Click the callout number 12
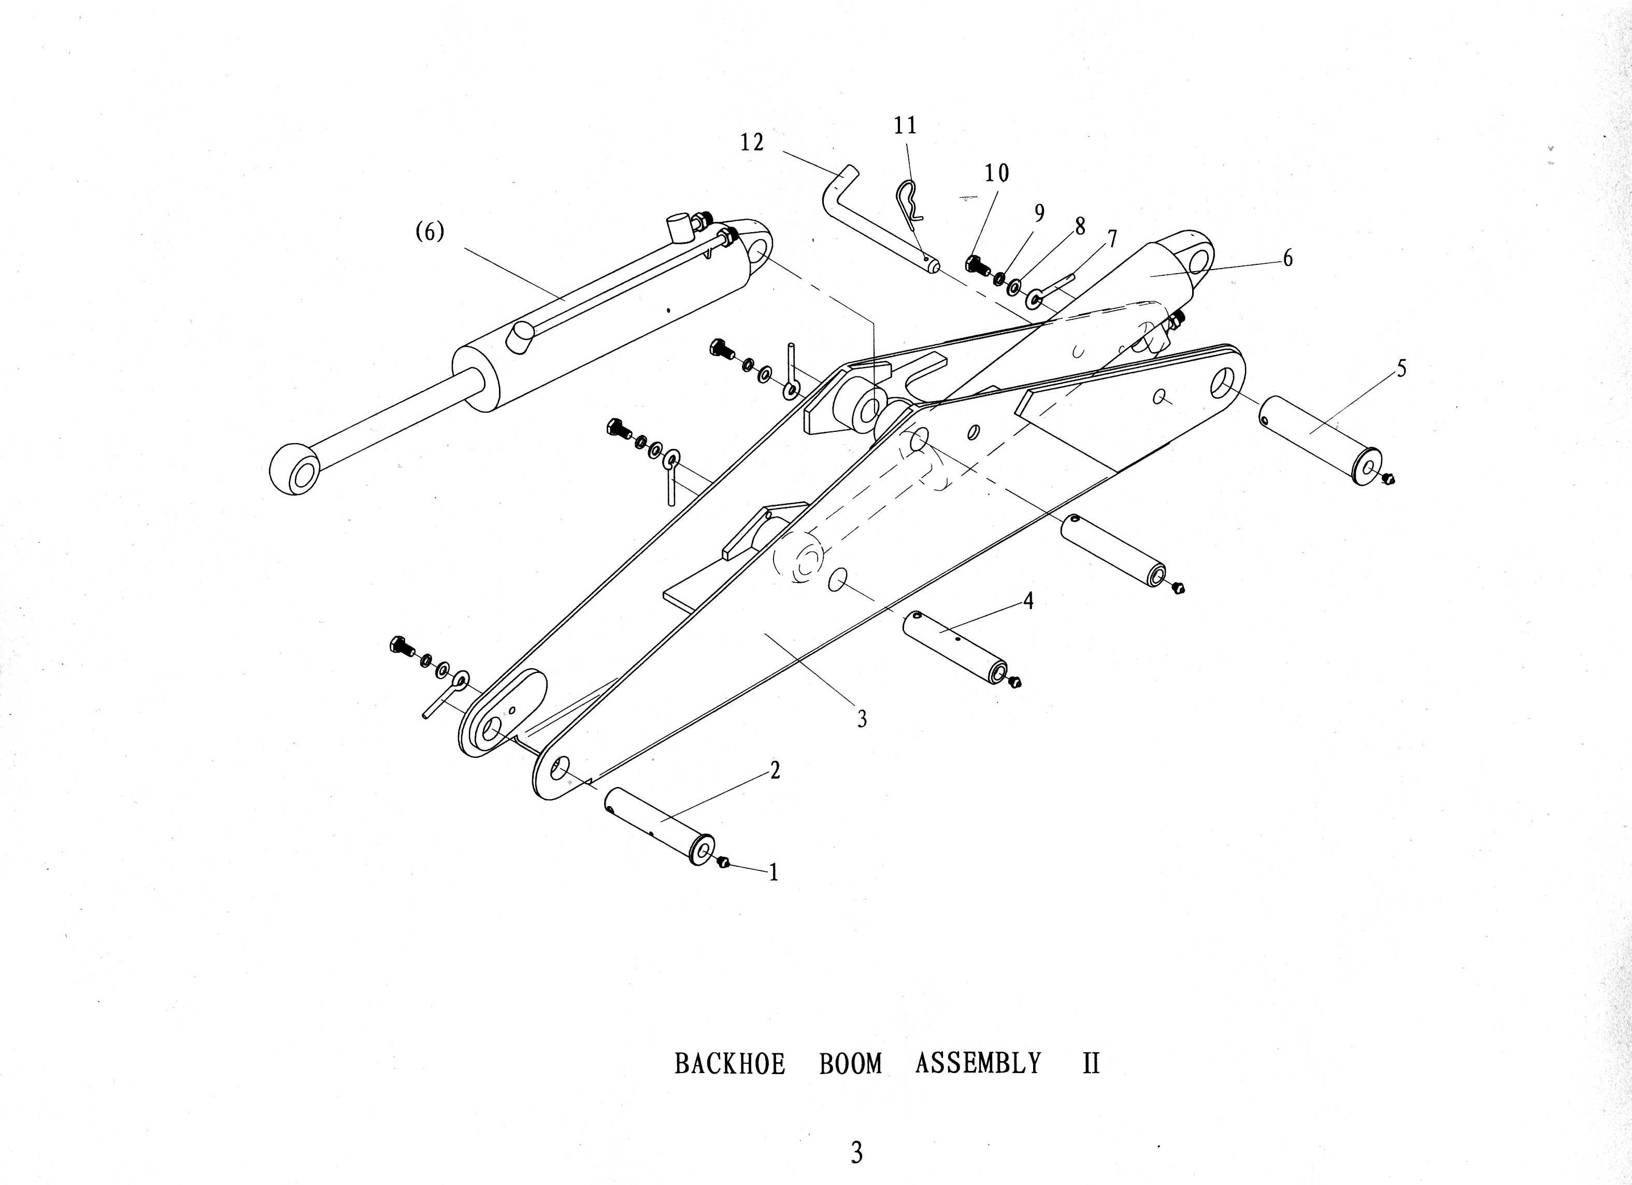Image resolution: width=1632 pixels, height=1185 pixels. coord(752,143)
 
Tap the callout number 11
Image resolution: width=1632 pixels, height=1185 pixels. coord(905,126)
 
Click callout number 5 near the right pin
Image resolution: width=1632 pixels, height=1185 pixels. coord(1401,369)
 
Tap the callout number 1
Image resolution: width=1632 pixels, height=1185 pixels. coord(774,872)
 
